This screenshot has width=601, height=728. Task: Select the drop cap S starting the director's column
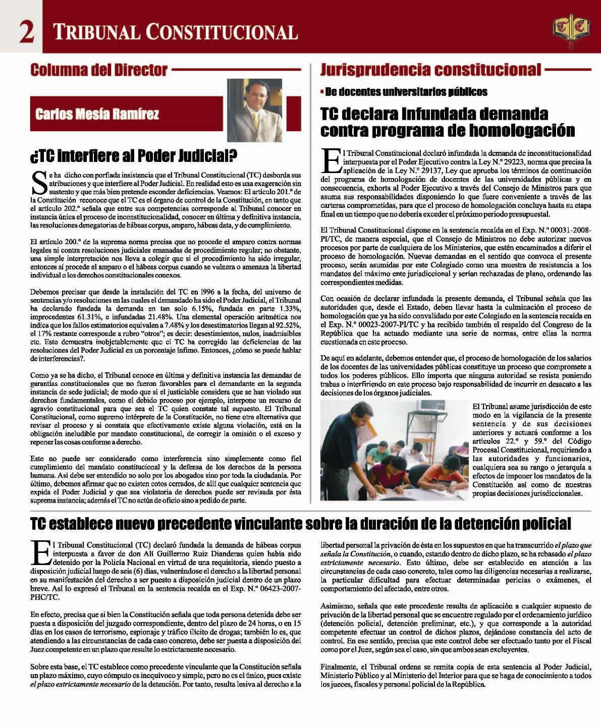pos(38,183)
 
